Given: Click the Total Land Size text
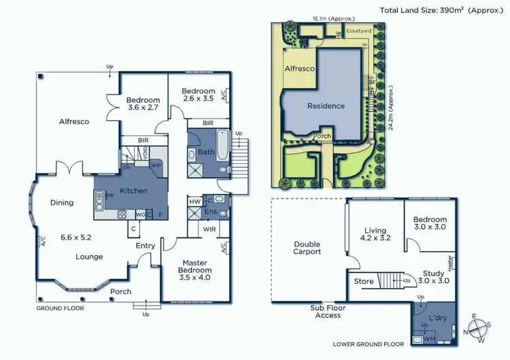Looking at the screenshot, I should pyautogui.click(x=443, y=10).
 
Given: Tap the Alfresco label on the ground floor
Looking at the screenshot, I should pyautogui.click(x=74, y=121).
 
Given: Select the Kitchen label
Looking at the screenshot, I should pyautogui.click(x=134, y=191).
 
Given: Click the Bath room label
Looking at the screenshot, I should pyautogui.click(x=207, y=152).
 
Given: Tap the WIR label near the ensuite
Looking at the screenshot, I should pyautogui.click(x=209, y=230).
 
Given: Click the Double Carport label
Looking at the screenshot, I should pyautogui.click(x=307, y=248).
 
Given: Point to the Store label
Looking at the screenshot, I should pyautogui.click(x=364, y=280).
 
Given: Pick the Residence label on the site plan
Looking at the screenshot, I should pyautogui.click(x=326, y=105).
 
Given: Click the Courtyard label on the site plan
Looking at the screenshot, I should pyautogui.click(x=358, y=31).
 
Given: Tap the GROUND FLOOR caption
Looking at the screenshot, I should pyautogui.click(x=62, y=308).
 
